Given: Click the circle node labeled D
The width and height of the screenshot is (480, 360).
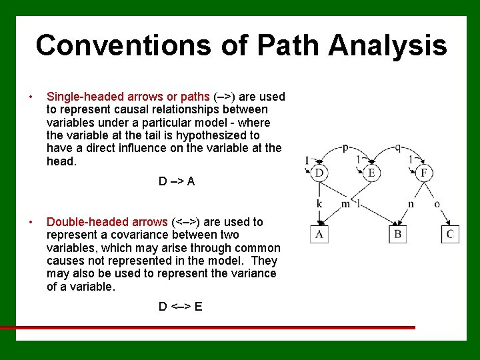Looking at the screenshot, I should tap(319, 173).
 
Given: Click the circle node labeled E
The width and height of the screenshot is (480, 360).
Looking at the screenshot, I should tap(371, 173).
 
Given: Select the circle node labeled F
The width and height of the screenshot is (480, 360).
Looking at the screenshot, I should tap(424, 173).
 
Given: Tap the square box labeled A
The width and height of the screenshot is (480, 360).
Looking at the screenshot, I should tap(319, 234).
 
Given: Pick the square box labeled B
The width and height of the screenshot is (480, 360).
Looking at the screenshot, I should tap(398, 234).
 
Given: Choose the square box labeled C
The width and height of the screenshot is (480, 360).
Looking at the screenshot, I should tap(450, 234).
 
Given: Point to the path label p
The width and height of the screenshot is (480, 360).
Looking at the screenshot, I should tap(345, 148).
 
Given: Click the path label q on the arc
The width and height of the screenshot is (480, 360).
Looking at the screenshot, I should tap(398, 148).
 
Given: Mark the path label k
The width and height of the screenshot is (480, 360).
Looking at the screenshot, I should tap(319, 203).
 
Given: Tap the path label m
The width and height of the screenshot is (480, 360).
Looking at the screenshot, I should tap(345, 203).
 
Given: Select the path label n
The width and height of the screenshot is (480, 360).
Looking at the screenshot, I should tap(411, 203).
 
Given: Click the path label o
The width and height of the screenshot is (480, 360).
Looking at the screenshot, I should tap(437, 203).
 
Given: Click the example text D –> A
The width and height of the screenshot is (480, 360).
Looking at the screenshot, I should tap(177, 181).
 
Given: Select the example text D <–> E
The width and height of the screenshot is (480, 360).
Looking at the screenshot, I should tap(180, 307).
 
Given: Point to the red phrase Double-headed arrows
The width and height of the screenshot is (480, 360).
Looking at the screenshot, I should tap(107, 222).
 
